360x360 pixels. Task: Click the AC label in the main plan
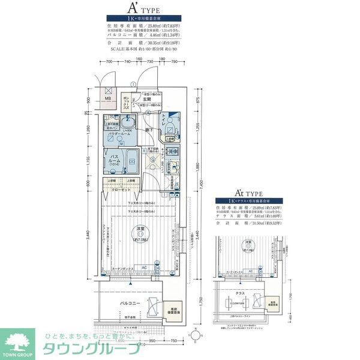144,268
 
